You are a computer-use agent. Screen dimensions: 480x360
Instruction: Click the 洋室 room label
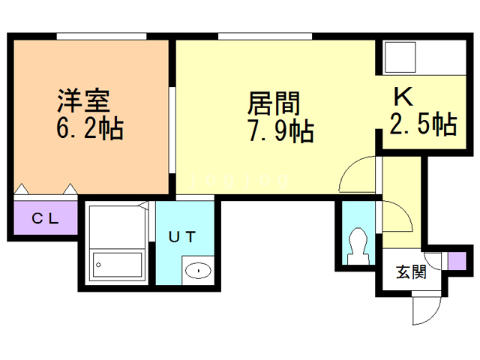(x=84, y=100)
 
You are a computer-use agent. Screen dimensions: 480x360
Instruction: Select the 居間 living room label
(x=274, y=103)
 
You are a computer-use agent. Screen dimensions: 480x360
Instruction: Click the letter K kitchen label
(x=403, y=97)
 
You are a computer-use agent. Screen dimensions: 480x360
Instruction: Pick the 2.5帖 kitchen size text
(x=423, y=123)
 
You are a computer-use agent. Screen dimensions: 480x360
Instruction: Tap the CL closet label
(x=45, y=218)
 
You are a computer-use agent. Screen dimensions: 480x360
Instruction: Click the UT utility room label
(x=182, y=237)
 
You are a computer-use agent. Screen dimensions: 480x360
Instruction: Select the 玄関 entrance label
(x=411, y=271)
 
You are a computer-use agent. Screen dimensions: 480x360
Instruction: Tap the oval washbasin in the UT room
(x=198, y=271)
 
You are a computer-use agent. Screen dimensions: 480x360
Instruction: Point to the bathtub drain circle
(x=98, y=265)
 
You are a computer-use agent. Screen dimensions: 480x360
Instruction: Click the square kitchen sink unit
(x=400, y=58)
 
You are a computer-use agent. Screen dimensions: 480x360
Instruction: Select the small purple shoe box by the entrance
(x=457, y=261)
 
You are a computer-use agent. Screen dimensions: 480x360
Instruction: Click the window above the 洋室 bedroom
(x=102, y=36)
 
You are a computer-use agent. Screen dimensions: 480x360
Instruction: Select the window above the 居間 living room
(x=265, y=36)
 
